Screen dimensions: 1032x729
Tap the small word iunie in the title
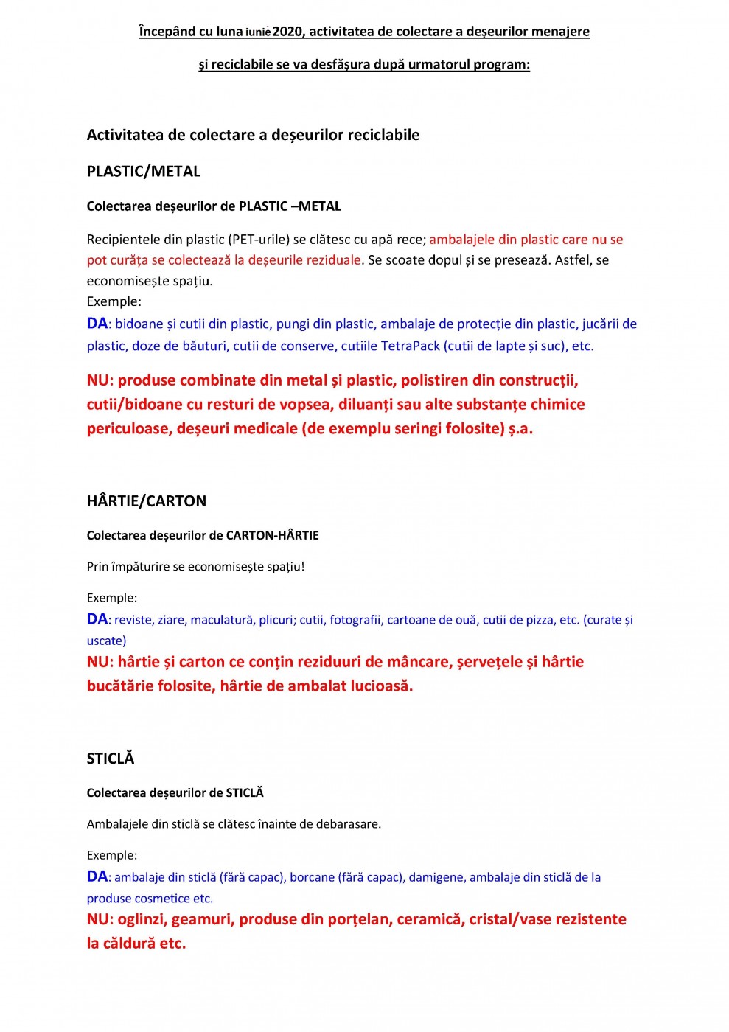(x=258, y=32)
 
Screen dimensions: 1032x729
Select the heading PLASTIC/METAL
(x=144, y=172)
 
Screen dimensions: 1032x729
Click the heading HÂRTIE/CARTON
(x=147, y=501)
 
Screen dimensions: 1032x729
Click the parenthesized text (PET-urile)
(x=257, y=240)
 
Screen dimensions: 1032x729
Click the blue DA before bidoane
(x=97, y=324)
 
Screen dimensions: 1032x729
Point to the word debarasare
(x=348, y=824)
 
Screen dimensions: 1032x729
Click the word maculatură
(x=221, y=620)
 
